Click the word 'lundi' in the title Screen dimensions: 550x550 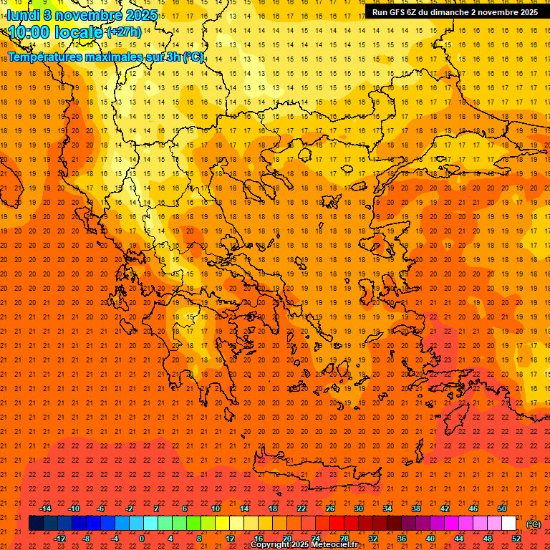coord(22,14)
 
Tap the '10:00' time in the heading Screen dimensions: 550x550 coord(29,32)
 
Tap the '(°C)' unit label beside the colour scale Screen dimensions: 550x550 coord(533,524)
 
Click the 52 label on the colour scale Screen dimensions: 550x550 coord(516,539)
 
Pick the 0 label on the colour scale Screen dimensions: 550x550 coord(142,539)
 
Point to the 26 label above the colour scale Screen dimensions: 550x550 coord(329,508)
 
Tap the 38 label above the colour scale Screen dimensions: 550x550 coord(415,508)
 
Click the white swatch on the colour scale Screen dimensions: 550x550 coord(508,524)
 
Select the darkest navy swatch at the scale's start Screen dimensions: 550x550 coord(36,524)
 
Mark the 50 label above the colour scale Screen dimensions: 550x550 coord(501,508)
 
